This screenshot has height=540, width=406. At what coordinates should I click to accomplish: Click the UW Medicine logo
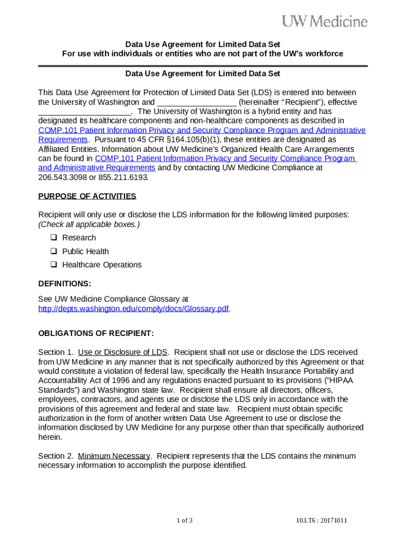[325, 21]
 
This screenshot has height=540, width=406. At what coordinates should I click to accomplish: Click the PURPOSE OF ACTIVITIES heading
[87, 197]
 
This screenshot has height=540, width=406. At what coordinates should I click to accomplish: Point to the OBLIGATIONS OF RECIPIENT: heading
[96, 334]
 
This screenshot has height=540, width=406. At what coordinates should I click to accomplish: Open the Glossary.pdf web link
[134, 309]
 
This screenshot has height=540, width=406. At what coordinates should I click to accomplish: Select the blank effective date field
[84, 112]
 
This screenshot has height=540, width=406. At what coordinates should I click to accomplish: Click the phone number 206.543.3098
[58, 177]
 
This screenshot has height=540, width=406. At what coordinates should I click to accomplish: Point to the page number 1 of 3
[185, 521]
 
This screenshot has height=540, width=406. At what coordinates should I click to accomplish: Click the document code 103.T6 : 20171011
[322, 521]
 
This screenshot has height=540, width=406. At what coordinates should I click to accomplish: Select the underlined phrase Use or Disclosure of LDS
[122, 352]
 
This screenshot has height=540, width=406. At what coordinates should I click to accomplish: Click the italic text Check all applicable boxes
[89, 224]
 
